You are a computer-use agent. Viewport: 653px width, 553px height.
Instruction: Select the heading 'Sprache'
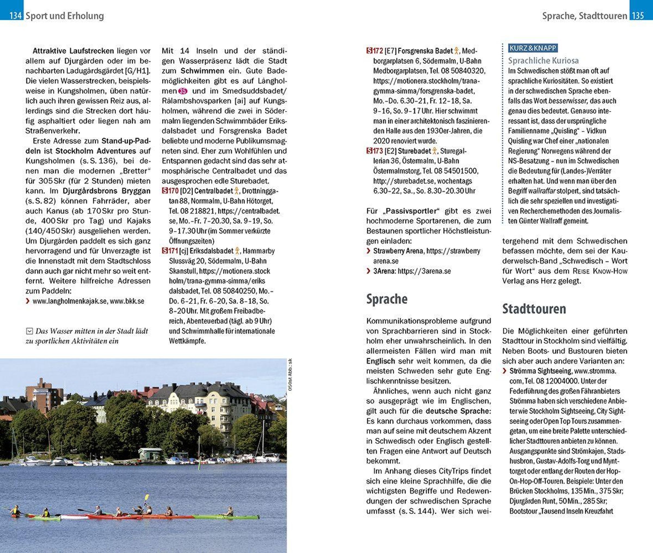(387, 299)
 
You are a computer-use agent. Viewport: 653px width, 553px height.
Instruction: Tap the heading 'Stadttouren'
(534, 309)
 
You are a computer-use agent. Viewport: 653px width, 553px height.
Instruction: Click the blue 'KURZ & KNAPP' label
(533, 48)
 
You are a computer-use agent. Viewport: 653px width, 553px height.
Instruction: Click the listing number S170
(170, 191)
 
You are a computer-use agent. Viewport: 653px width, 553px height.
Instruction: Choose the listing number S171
(170, 251)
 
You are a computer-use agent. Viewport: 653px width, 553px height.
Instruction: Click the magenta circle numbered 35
(183, 91)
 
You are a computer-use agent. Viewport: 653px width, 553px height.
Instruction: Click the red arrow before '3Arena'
(368, 271)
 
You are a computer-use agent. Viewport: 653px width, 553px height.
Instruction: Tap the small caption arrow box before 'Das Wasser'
(29, 331)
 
